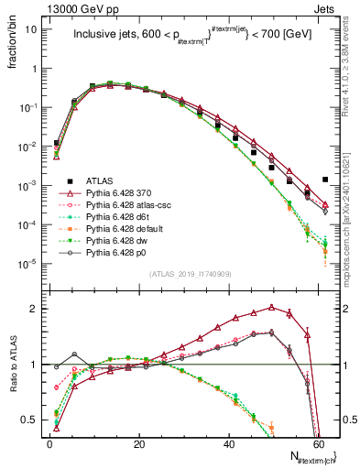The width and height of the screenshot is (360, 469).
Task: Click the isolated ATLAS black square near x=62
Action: click(x=325, y=180)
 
